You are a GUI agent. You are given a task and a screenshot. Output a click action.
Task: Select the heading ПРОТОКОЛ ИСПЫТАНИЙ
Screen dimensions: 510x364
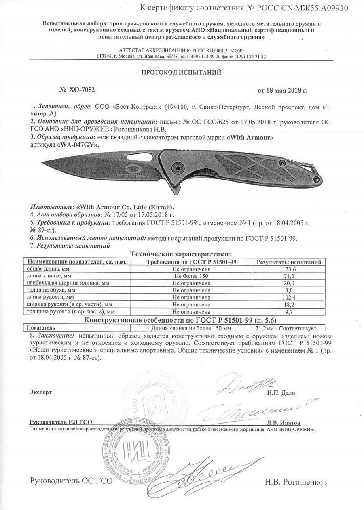tap(181, 72)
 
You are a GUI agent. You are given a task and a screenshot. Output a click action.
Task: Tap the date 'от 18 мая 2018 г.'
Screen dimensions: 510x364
tap(282, 90)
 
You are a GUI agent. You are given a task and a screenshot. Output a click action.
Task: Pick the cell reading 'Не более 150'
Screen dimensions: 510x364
tap(190, 276)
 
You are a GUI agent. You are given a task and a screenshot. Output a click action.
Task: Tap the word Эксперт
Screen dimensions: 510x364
tap(41, 392)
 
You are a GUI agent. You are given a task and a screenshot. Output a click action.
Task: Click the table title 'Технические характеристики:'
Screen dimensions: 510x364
tap(180, 254)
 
